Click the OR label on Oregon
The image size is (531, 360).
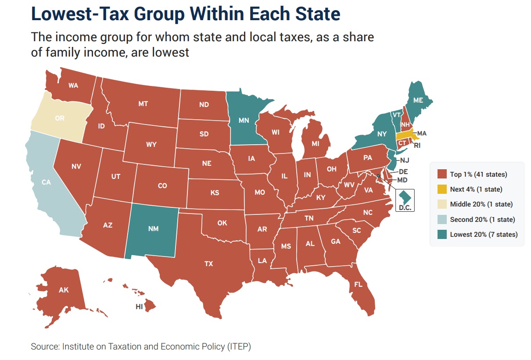(x=60, y=118)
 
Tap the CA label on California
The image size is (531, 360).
(x=47, y=182)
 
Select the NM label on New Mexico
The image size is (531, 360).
(x=153, y=229)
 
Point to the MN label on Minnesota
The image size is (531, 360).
(x=244, y=119)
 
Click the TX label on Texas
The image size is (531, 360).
(x=208, y=264)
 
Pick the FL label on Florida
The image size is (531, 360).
(x=358, y=284)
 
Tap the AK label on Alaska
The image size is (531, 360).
(x=64, y=289)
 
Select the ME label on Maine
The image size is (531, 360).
(x=418, y=100)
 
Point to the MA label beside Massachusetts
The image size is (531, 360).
(x=422, y=133)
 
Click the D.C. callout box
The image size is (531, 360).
(x=405, y=200)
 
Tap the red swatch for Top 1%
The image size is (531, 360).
(x=442, y=175)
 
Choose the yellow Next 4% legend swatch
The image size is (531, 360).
(x=442, y=189)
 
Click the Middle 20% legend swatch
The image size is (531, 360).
(x=442, y=204)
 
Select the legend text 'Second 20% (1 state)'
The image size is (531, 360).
(x=482, y=219)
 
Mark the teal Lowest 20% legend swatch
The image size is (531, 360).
(x=442, y=234)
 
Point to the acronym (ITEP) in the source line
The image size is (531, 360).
(x=238, y=346)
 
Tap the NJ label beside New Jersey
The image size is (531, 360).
(x=404, y=160)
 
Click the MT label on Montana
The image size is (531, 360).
(x=143, y=104)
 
